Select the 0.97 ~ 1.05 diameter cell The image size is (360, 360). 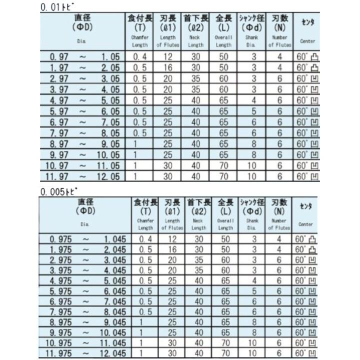click(x=82, y=57)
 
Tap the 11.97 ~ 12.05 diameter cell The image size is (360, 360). click(x=82, y=176)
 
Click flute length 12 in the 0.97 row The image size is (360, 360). click(x=167, y=57)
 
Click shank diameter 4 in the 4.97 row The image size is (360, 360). click(x=253, y=100)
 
